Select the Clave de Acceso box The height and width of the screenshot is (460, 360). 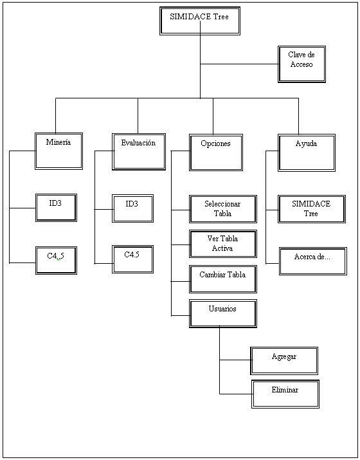click(x=301, y=64)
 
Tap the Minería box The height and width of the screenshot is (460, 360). click(x=59, y=151)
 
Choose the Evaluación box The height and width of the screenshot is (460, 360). click(x=138, y=152)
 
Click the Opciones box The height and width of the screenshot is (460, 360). click(x=215, y=152)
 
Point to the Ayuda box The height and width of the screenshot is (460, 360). click(x=306, y=152)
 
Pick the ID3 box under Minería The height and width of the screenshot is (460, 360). click(x=56, y=207)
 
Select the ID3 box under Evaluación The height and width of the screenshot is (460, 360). click(x=132, y=208)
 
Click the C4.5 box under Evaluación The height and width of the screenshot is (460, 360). click(x=132, y=259)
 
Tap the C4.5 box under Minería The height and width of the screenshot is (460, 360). click(x=56, y=260)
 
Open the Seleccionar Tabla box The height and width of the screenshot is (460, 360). click(x=222, y=209)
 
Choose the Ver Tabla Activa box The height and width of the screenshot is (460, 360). click(x=222, y=244)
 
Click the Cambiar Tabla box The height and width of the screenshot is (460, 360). click(x=222, y=279)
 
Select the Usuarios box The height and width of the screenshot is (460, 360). click(x=222, y=313)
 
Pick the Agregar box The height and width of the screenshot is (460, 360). click(x=284, y=360)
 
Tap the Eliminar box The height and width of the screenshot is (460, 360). click(x=284, y=394)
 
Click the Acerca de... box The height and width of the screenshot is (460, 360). click(x=312, y=261)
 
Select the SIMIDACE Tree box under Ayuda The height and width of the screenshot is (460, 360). click(x=311, y=209)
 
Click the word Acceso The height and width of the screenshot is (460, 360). click(x=301, y=64)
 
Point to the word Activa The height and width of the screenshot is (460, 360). click(x=222, y=248)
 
